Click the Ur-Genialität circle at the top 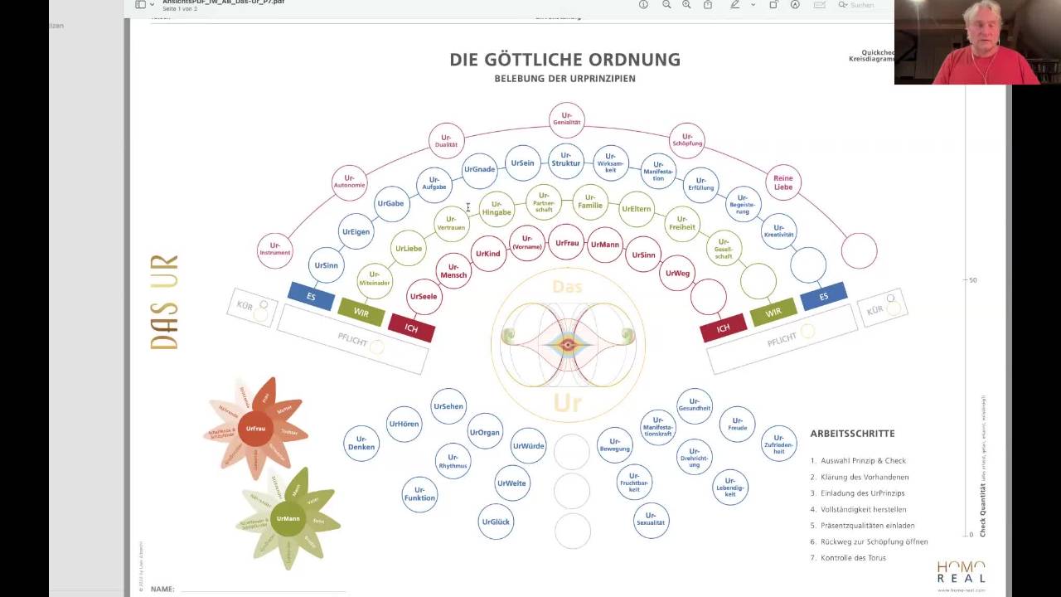point(567,119)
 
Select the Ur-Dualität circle point(446,140)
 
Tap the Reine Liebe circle point(783,182)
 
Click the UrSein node point(522,163)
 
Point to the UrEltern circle point(637,209)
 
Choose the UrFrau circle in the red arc point(567,243)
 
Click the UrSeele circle point(424,297)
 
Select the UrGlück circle point(496,522)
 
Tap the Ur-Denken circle point(361,443)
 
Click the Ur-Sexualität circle point(651,519)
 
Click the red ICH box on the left point(411,328)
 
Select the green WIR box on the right point(773,313)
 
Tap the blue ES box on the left point(311,296)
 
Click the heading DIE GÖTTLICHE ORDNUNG point(564,60)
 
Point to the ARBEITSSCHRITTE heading point(852,434)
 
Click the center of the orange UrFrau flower point(255,428)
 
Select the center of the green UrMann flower point(288,518)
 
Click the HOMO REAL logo point(961,573)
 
